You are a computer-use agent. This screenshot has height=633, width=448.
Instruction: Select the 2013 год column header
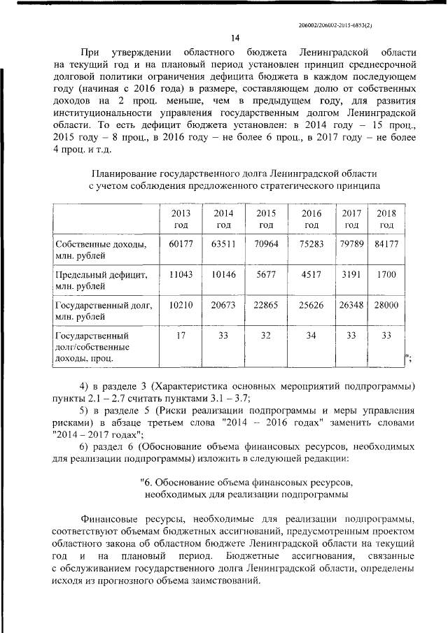[x=180, y=219]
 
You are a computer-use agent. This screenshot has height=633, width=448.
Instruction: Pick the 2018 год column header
[x=386, y=219]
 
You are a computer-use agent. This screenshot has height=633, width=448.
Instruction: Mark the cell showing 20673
[x=223, y=305]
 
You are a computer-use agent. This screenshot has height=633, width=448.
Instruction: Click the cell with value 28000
[x=386, y=305]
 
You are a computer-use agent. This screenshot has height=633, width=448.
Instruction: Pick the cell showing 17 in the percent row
[x=180, y=335]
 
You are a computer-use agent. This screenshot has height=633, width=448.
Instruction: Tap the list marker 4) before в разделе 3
[x=84, y=386]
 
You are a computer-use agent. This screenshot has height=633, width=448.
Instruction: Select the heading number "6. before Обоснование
[x=147, y=483]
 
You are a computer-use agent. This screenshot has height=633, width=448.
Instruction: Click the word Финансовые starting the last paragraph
[x=110, y=518]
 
